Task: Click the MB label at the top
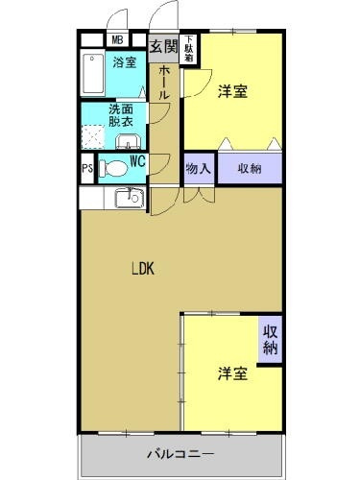tap(116, 39)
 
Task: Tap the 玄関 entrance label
tap(163, 45)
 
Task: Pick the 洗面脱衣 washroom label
tap(120, 116)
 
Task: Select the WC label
tap(136, 162)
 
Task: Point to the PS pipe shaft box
tap(87, 169)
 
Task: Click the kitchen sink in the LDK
tap(128, 199)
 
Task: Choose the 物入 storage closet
tap(197, 167)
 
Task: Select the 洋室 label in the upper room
tap(232, 91)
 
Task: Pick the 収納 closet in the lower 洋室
tap(271, 340)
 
